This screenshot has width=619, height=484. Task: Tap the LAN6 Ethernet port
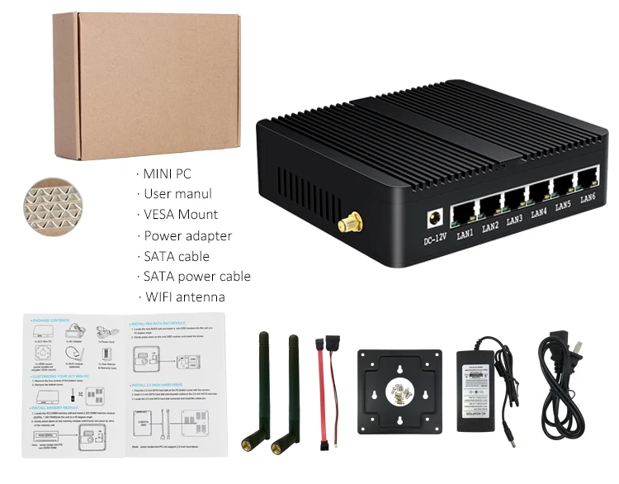(588, 178)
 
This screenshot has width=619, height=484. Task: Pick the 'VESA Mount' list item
(181, 215)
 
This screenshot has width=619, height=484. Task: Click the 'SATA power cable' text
(196, 277)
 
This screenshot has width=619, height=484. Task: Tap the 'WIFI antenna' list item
(184, 297)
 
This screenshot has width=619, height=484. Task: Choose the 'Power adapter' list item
(187, 235)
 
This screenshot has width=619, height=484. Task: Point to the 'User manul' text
(177, 194)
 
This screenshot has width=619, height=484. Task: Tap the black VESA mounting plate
(399, 390)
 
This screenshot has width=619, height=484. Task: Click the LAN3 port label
(514, 220)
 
